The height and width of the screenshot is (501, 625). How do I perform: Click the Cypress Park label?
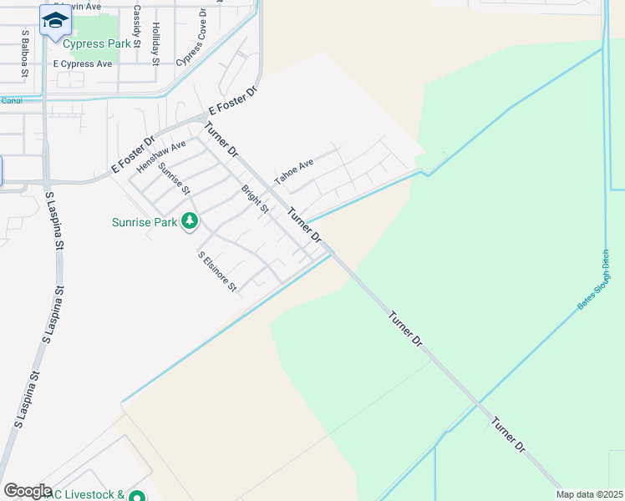(97, 43)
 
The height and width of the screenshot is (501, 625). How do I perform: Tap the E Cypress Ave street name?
(82, 63)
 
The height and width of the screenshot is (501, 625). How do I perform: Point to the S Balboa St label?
(26, 55)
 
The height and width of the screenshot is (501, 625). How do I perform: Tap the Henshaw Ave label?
(161, 156)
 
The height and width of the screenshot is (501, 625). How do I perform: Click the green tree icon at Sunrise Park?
(191, 221)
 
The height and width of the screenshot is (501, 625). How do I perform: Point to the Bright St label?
(255, 199)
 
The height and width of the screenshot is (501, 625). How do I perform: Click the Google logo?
(28, 491)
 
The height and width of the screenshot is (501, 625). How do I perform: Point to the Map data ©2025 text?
(590, 494)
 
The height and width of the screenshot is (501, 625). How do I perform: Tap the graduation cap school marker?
(55, 20)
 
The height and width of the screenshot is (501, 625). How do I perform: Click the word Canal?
(12, 101)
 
